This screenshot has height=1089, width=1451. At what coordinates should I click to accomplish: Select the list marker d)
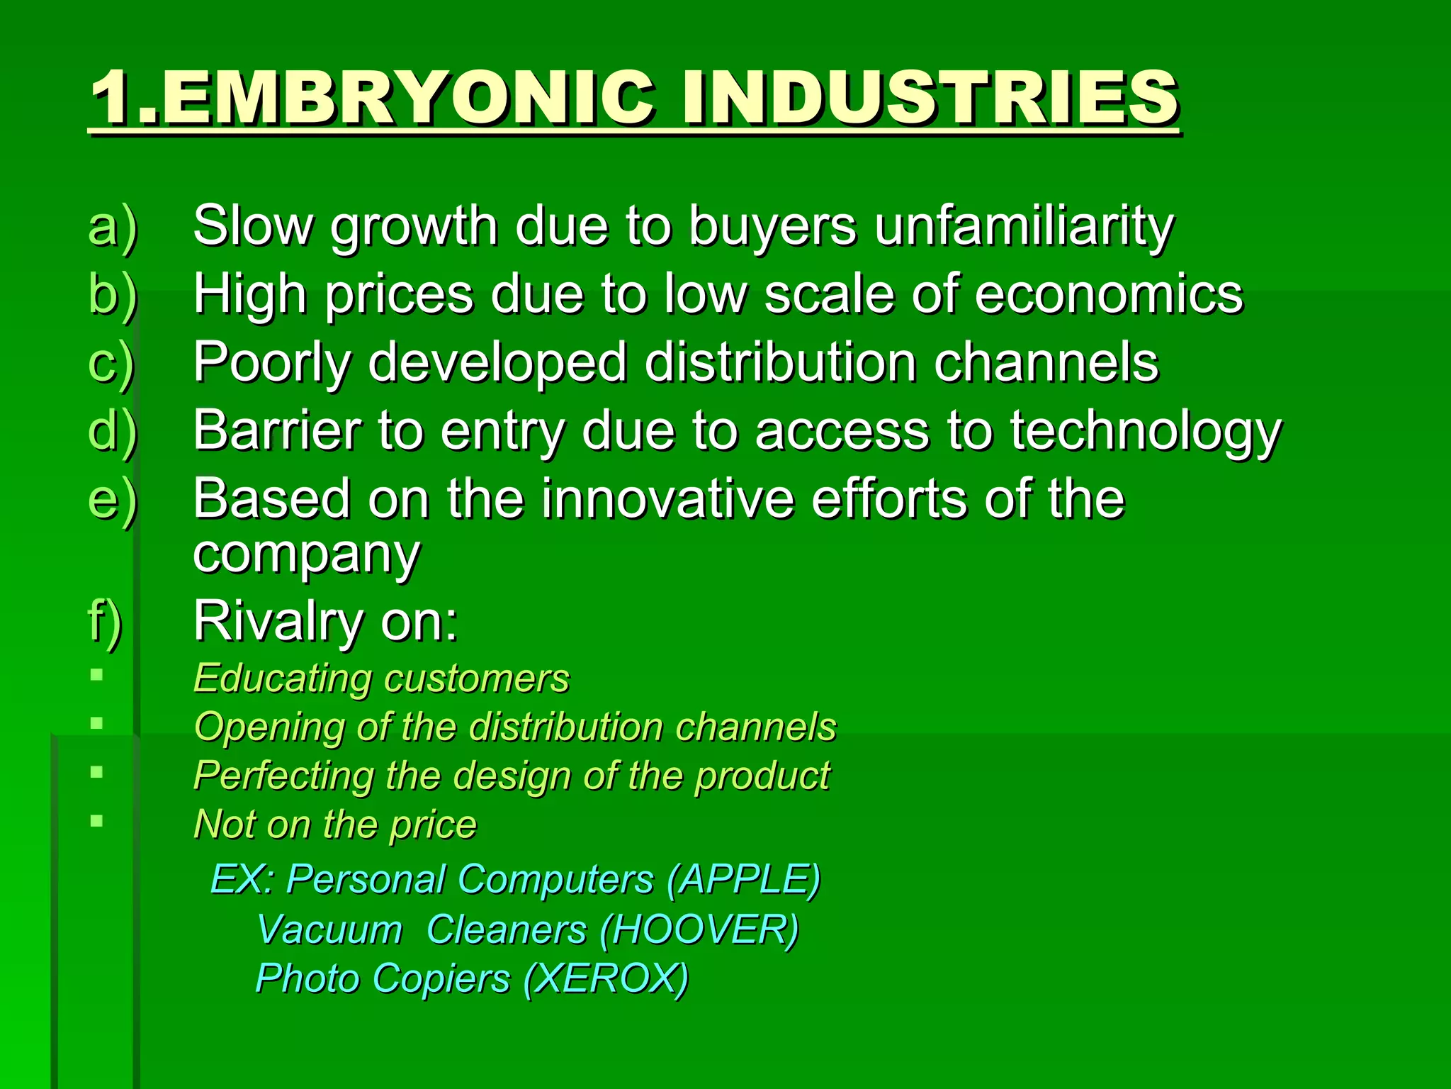[x=113, y=430]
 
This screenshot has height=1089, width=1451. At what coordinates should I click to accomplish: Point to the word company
[x=307, y=554]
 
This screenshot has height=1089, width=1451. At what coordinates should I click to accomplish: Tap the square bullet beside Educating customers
[x=97, y=674]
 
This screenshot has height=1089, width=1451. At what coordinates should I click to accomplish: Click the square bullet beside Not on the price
[x=97, y=821]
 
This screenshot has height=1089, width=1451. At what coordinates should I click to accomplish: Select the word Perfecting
[x=283, y=776]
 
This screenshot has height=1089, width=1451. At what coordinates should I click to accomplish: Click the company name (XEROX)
[x=606, y=979]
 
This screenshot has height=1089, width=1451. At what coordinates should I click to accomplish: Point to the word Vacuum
[x=329, y=929]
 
